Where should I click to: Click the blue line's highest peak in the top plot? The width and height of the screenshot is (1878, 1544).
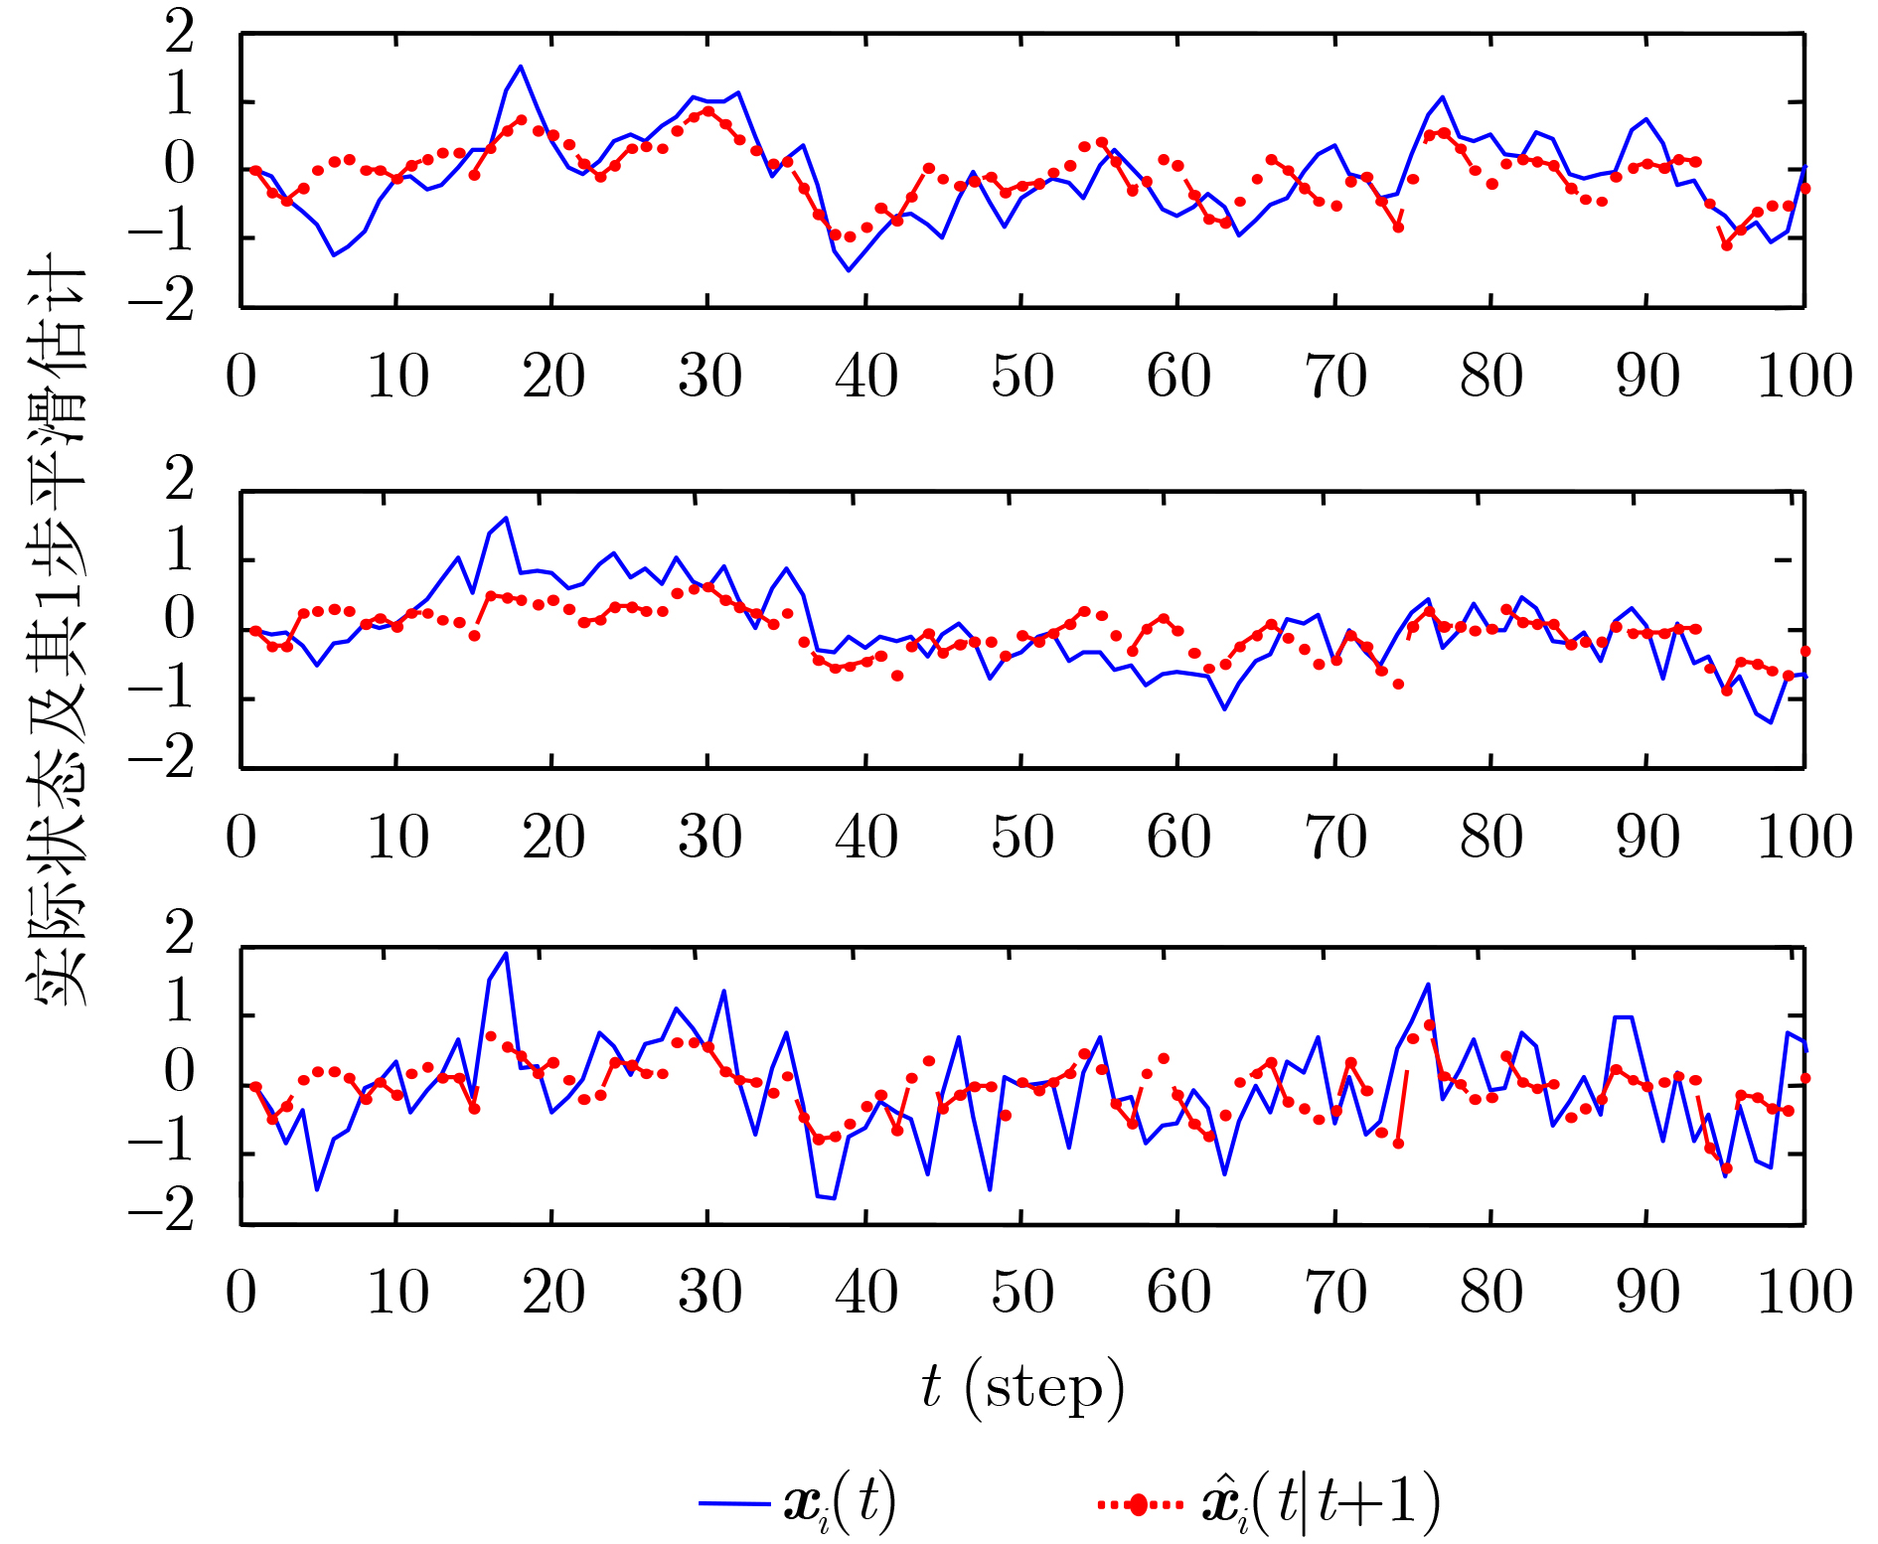(521, 67)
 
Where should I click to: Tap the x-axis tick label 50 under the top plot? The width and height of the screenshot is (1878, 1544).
(1021, 377)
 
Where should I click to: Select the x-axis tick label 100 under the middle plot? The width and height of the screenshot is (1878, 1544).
(1804, 837)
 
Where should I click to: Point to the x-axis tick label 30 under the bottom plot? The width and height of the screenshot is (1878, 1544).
(709, 1292)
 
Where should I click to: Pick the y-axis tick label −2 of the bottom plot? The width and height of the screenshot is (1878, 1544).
(162, 1213)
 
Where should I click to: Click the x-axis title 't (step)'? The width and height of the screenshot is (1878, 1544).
(1022, 1387)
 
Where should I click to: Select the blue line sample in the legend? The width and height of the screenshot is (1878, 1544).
(734, 1503)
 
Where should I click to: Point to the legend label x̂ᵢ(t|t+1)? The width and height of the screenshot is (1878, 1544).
(1322, 1502)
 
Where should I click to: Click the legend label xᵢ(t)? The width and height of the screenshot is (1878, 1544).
(840, 1503)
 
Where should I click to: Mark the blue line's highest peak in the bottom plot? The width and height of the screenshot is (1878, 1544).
(506, 954)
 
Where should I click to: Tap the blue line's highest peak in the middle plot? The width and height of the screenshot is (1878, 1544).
(506, 518)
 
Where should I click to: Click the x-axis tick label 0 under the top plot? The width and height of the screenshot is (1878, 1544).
(240, 377)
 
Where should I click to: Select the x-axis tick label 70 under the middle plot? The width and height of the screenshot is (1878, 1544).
(1334, 837)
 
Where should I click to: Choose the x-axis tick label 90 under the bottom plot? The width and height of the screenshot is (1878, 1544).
(1647, 1292)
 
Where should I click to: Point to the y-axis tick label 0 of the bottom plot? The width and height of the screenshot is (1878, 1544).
(180, 1073)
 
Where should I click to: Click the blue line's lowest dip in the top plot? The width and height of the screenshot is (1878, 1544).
(849, 270)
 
